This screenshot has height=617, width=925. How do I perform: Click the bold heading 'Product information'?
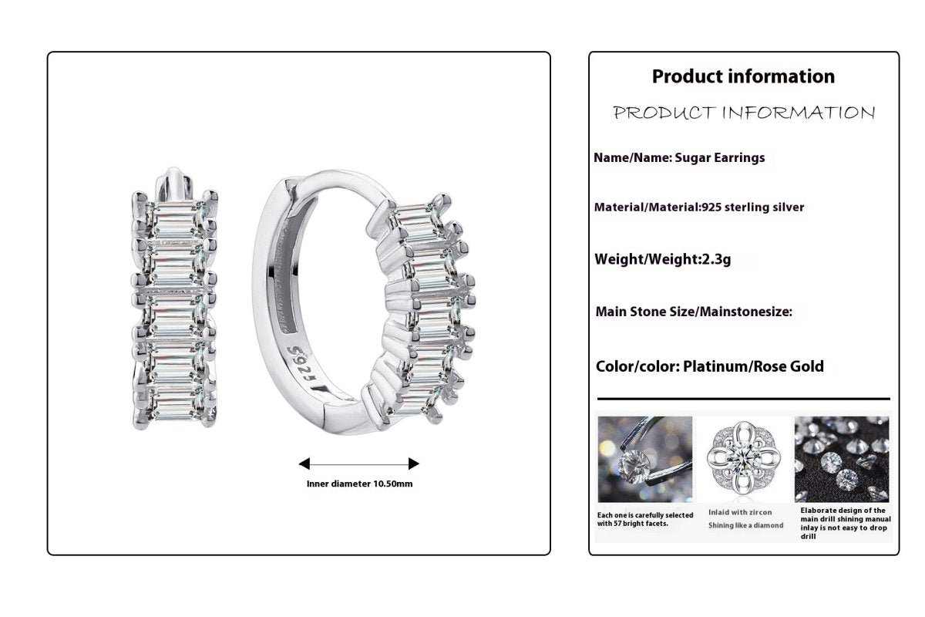click(743, 76)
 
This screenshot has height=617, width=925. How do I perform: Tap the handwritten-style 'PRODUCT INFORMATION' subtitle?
click(744, 113)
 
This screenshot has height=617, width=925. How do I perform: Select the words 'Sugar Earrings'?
click(720, 157)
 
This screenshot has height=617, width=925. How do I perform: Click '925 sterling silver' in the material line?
click(753, 207)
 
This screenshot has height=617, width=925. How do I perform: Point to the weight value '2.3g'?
click(716, 259)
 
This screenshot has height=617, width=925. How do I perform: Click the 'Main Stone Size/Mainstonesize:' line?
click(694, 312)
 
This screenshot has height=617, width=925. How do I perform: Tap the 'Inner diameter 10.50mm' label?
click(359, 484)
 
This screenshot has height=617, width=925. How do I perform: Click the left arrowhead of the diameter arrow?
click(304, 464)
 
